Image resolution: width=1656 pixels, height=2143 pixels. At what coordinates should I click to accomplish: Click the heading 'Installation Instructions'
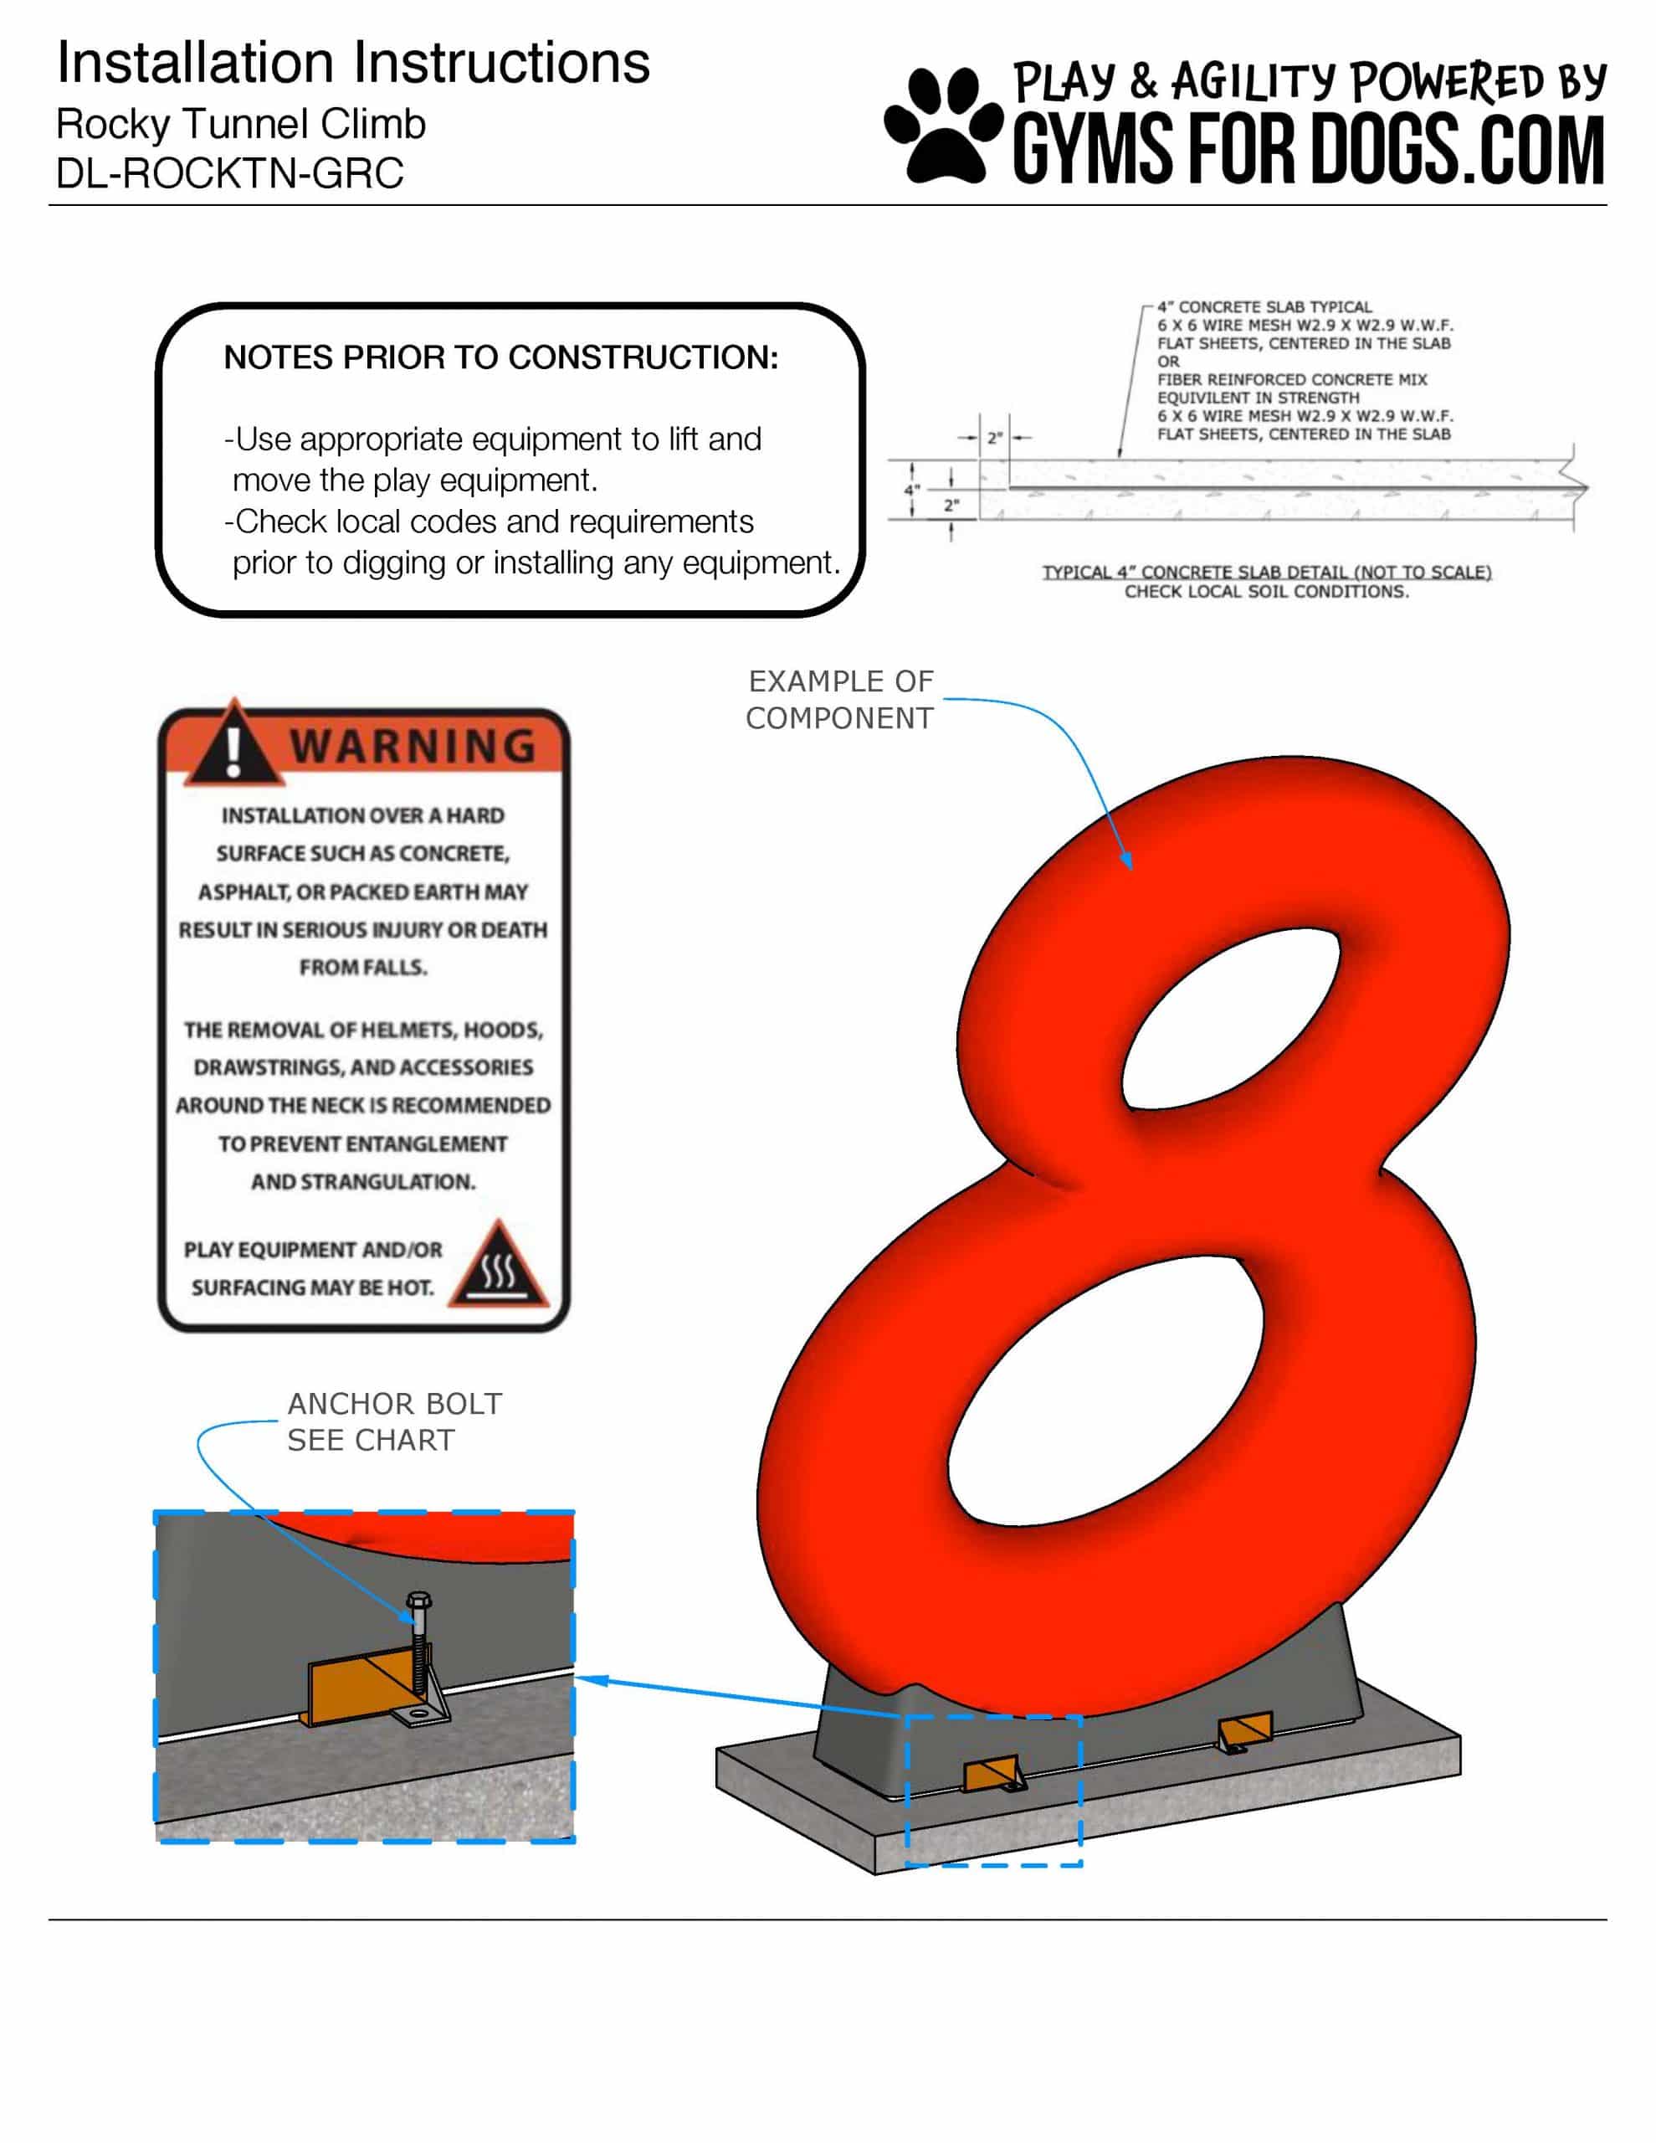pyautogui.click(x=353, y=63)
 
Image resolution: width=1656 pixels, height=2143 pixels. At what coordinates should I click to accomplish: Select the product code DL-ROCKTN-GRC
pyautogui.click(x=229, y=173)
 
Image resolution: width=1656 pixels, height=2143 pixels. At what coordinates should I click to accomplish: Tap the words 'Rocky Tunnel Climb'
pyautogui.click(x=241, y=125)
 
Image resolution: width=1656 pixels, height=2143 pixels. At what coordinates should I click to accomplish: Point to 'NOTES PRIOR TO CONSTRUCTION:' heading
pyautogui.click(x=501, y=357)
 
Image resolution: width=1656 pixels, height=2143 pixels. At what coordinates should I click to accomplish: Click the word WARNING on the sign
pyautogui.click(x=413, y=747)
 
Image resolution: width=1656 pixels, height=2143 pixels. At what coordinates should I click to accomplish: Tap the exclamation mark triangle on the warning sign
pyautogui.click(x=233, y=743)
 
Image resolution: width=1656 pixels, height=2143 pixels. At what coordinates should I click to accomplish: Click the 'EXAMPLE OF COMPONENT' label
pyautogui.click(x=840, y=700)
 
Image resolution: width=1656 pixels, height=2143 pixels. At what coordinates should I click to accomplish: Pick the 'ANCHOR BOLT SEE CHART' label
pyautogui.click(x=394, y=1421)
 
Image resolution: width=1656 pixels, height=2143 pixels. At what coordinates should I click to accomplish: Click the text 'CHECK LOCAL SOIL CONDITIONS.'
pyautogui.click(x=1267, y=592)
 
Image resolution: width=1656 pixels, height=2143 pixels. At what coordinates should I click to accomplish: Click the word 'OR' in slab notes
pyautogui.click(x=1167, y=361)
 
